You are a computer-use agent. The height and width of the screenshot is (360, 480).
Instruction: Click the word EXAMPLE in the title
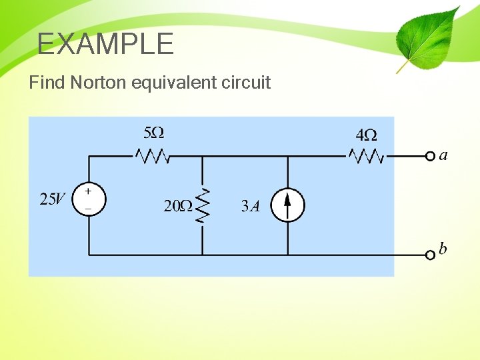coord(105,44)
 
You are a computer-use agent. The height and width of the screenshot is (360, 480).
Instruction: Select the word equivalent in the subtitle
coord(175,83)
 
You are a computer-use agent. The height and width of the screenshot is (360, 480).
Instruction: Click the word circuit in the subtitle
coord(246,83)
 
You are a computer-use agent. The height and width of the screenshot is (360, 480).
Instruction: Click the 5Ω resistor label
coord(155,132)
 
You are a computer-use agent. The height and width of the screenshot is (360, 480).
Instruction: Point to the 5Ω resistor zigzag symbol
coord(153,157)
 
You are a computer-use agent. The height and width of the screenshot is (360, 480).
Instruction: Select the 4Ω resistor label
coord(367,135)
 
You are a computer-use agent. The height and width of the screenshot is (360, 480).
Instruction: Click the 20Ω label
coord(178,206)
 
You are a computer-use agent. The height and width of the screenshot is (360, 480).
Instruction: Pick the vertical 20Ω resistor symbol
coord(203,205)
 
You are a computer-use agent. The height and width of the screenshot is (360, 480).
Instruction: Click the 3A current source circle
coord(288,205)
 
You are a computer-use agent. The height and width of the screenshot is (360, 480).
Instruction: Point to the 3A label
coord(250,206)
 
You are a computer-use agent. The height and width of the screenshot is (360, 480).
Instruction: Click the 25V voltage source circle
coord(89,199)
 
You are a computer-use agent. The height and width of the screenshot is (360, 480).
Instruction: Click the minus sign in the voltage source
coord(89,208)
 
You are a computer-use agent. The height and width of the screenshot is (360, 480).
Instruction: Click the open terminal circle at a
coord(430,157)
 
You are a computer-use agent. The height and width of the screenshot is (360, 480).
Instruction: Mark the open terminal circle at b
coord(430,255)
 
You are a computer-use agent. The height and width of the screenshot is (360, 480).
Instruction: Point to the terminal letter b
coord(443,249)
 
